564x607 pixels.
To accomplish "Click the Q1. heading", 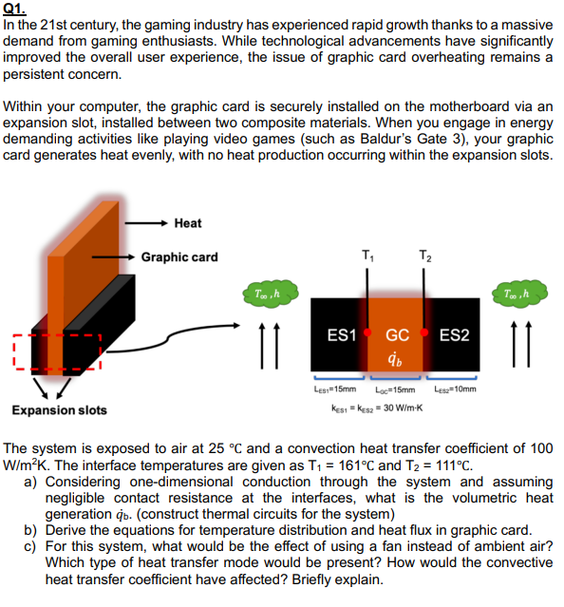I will coord(14,8).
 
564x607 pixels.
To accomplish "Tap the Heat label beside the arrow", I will coord(188,222).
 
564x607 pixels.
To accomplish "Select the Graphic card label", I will coord(179,256).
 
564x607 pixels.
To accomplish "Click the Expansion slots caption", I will coord(59,409).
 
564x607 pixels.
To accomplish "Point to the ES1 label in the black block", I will coord(341,335).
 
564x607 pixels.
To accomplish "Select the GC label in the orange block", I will coord(397,335).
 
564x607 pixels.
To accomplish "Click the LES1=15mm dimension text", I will coord(334,389).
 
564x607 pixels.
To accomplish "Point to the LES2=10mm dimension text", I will coord(456,389).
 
